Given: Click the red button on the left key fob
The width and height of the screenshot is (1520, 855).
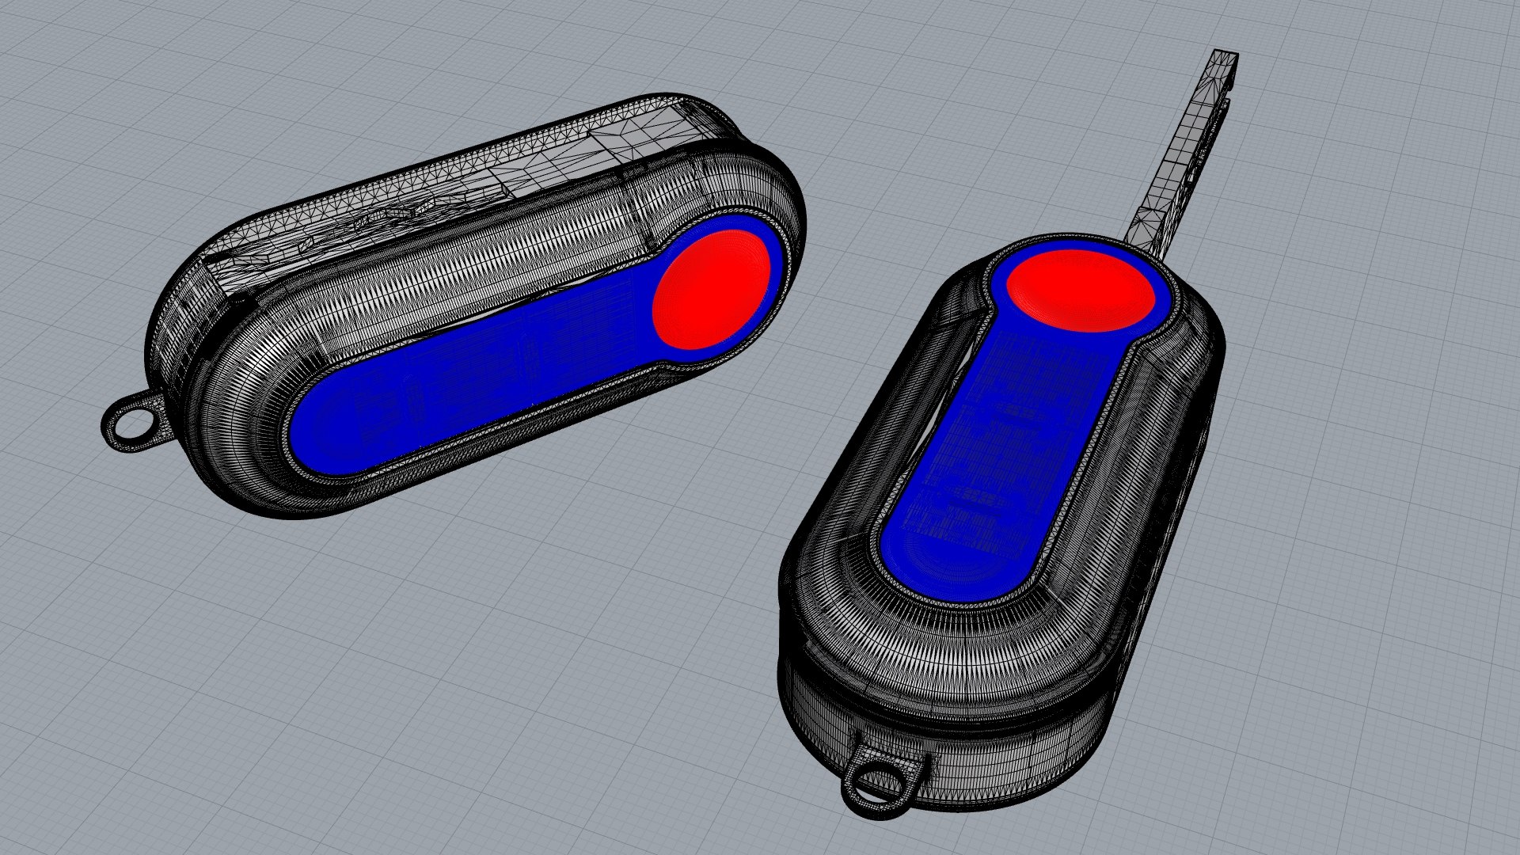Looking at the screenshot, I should pyautogui.click(x=710, y=290).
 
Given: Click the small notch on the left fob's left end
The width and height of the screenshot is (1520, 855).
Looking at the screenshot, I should pyautogui.click(x=237, y=300).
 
